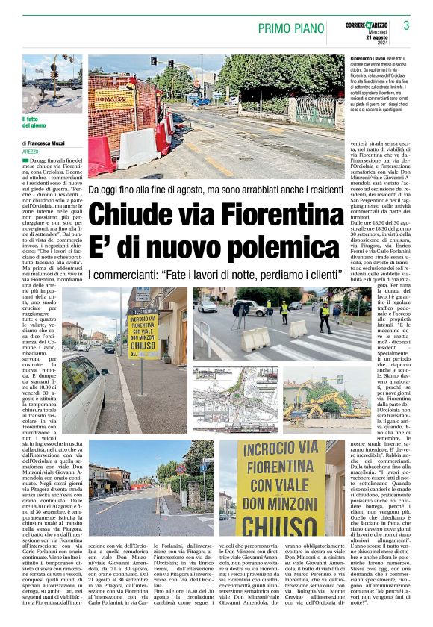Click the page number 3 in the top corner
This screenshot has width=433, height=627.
406,25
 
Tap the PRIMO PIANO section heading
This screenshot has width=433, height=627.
291,28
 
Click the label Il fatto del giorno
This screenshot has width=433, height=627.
34,122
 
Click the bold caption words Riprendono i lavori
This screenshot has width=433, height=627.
369,58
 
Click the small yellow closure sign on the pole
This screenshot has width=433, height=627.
142,334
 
